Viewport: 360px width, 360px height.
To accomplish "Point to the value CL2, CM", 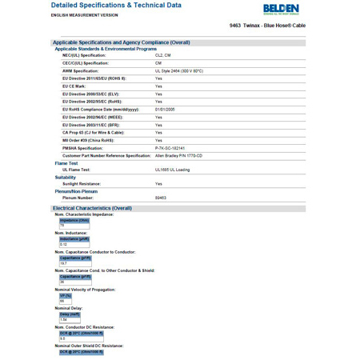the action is (163, 55).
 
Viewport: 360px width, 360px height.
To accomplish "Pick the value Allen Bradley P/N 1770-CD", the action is (178, 155).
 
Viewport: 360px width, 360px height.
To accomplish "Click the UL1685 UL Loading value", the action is (173, 170).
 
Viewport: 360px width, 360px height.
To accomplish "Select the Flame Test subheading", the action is (66, 163).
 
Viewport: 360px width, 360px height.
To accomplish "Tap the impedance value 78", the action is (62, 226).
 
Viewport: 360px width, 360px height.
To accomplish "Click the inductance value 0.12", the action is (64, 245).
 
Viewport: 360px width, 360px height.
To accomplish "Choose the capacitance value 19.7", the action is (64, 263).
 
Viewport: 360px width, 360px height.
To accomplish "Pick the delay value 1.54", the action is (64, 319).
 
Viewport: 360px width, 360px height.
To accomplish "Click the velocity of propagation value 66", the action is (62, 301).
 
